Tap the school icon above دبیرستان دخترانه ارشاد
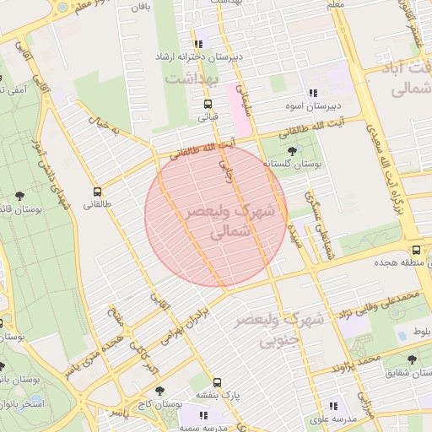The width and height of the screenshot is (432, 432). coord(198,44)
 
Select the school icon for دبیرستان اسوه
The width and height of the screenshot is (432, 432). coord(313,93)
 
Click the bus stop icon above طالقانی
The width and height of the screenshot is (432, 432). coord(97,192)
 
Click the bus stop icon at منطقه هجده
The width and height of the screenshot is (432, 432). coord(416,251)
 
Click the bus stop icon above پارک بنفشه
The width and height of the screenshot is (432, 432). coord(218,381)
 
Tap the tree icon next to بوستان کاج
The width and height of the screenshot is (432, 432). coord(159,391)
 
